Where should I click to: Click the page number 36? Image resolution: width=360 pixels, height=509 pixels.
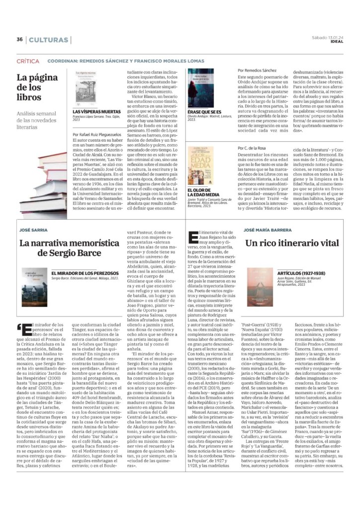point(19,40)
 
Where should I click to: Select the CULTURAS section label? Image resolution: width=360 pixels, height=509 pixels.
point(49,40)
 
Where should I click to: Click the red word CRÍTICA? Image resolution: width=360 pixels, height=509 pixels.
point(28,61)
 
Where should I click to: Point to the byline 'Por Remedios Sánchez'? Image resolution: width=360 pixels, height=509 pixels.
point(257,71)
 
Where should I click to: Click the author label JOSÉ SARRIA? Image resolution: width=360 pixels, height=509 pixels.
point(33,230)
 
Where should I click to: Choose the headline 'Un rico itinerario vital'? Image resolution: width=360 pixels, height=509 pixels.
point(292,244)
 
